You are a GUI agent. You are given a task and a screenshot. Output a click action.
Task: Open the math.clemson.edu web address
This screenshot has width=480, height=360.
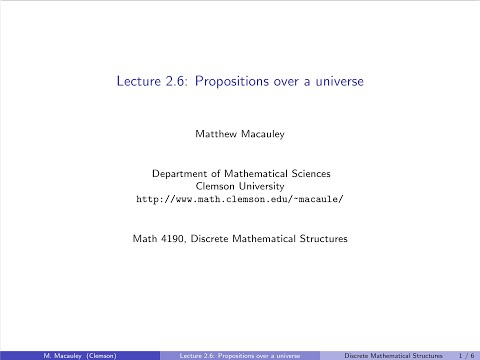[239, 199]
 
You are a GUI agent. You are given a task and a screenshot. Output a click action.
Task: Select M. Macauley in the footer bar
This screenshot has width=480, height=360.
[45, 354]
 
